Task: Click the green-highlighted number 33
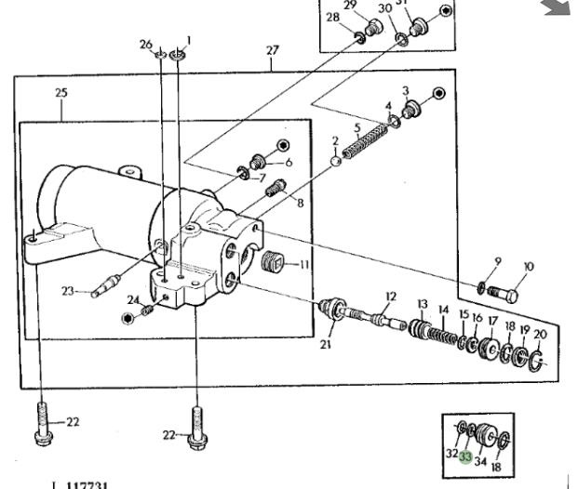465,457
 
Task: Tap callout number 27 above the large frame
272,50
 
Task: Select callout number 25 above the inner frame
61,93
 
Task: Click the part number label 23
68,291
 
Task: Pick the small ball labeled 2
336,160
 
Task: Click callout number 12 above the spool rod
391,297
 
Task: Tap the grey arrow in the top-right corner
558,7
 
